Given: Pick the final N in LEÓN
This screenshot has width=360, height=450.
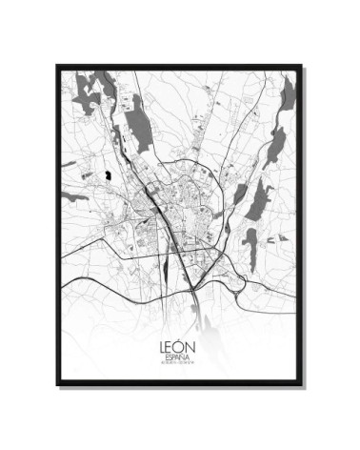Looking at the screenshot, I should pyautogui.click(x=192, y=339).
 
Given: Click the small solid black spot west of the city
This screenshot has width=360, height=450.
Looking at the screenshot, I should pyautogui.click(x=110, y=174).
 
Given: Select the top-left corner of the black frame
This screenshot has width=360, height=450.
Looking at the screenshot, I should pyautogui.click(x=57, y=66).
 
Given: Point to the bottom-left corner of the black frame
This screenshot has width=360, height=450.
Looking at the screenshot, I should pyautogui.click(x=57, y=384).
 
